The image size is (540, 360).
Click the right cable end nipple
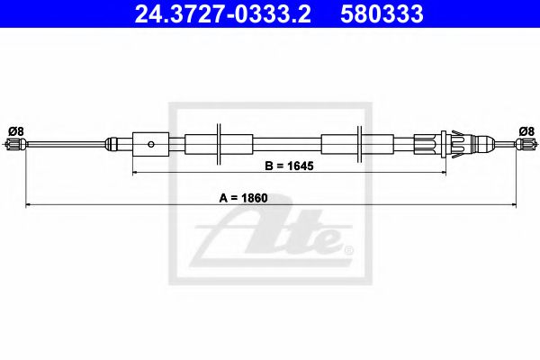[x=526, y=144]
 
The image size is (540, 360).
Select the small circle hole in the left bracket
[x=152, y=143]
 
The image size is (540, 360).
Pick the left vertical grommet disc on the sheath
[x=220, y=143]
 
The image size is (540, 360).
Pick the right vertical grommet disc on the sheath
[x=359, y=143]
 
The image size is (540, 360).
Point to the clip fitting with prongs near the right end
[x=454, y=143]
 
